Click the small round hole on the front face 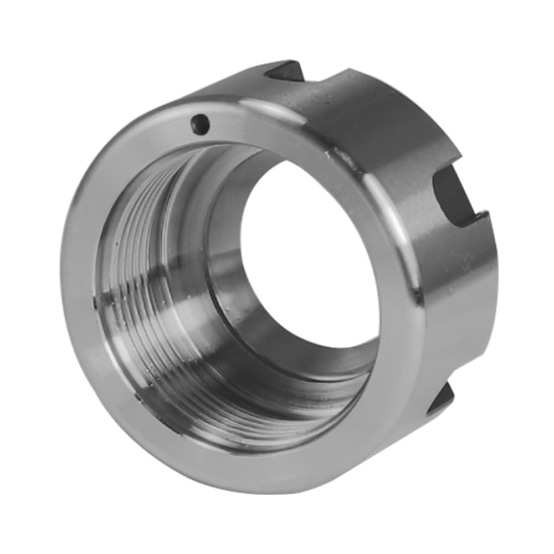[200, 124]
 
